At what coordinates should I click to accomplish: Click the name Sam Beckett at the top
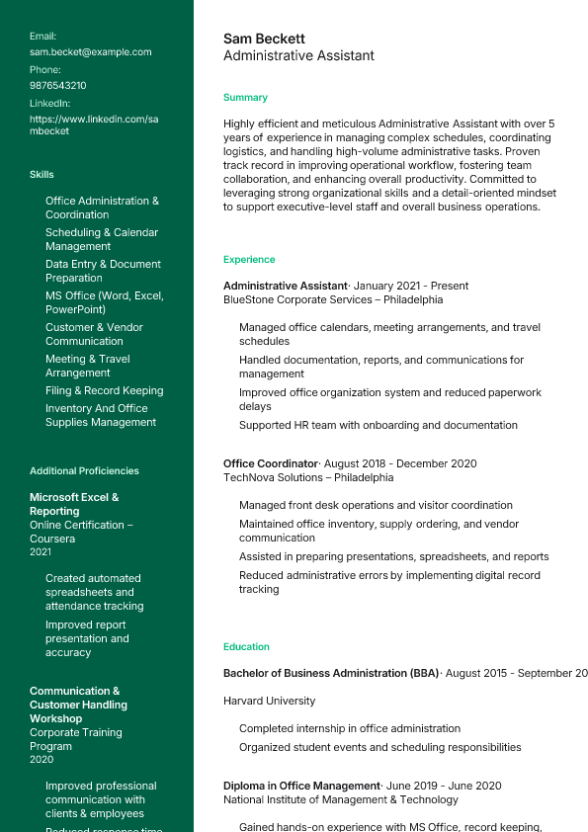click(264, 39)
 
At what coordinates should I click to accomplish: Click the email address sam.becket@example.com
click(90, 51)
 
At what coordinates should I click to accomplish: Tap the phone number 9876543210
click(57, 85)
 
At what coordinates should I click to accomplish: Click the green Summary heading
click(245, 98)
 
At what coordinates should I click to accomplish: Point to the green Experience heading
click(249, 260)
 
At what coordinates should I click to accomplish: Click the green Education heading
click(246, 647)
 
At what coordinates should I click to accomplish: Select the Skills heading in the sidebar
click(42, 175)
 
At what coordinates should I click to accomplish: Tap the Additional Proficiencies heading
click(84, 471)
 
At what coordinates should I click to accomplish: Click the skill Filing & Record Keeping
click(104, 390)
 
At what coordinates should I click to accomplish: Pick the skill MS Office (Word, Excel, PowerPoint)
click(104, 302)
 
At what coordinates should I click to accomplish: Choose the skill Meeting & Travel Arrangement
click(87, 366)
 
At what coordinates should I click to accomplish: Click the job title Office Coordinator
click(270, 463)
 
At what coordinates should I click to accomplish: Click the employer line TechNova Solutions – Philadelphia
click(308, 477)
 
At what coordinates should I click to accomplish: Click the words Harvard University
click(269, 701)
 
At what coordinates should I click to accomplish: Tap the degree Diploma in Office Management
click(301, 786)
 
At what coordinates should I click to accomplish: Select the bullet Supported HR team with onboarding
click(378, 425)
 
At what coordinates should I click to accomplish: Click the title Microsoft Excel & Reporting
click(73, 504)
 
